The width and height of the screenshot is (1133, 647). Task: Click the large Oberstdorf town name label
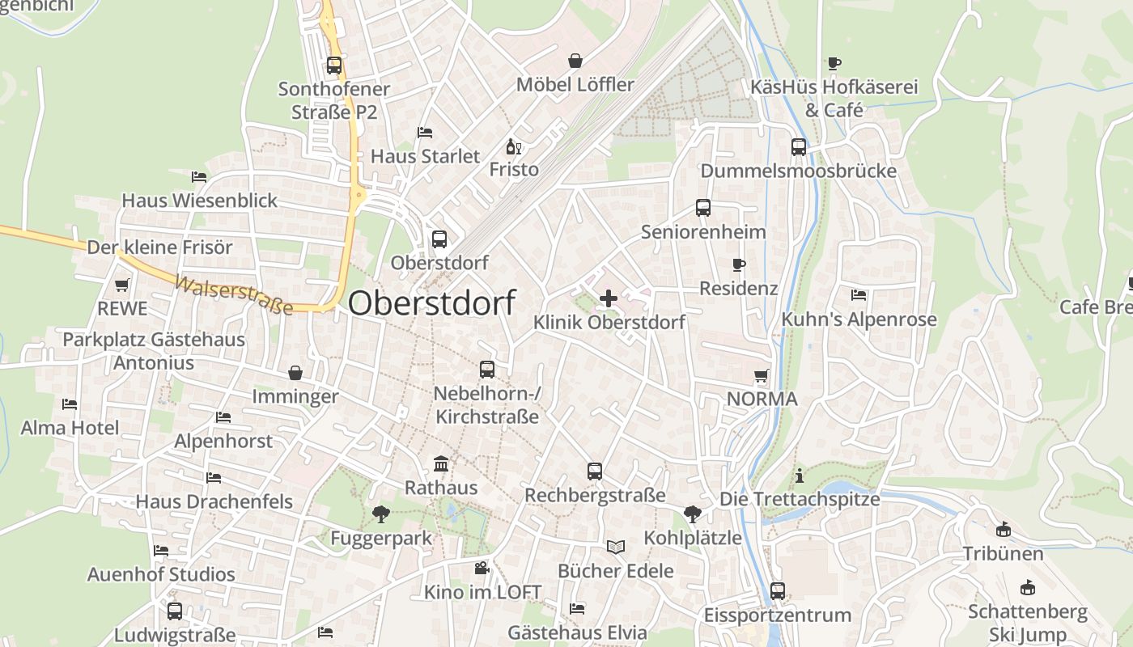432,303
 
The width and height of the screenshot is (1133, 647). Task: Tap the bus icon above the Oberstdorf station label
439,239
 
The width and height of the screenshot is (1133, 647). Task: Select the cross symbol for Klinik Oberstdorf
609,298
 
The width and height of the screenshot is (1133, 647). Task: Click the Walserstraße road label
234,296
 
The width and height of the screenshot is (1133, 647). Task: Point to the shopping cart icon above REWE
122,285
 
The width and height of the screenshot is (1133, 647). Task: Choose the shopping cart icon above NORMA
761,375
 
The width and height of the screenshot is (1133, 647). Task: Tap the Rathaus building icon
441,464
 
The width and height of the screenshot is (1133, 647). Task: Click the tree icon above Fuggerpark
380,514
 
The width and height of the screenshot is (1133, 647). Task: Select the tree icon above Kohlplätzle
692,514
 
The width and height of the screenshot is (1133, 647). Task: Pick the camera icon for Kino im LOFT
482,568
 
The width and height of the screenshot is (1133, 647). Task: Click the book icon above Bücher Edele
616,547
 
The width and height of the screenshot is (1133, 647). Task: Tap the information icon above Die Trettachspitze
800,476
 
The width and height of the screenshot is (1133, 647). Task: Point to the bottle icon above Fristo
513,146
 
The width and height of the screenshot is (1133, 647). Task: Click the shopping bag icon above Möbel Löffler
575,61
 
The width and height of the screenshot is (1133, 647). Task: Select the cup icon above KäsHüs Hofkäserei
834,63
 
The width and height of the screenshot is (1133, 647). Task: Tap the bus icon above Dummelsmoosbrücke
799,147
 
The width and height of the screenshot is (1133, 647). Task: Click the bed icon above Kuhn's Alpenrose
859,295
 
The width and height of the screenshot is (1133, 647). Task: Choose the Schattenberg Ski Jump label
1028,623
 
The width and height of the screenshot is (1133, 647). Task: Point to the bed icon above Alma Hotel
70,404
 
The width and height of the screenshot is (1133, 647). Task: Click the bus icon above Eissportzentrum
778,591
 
